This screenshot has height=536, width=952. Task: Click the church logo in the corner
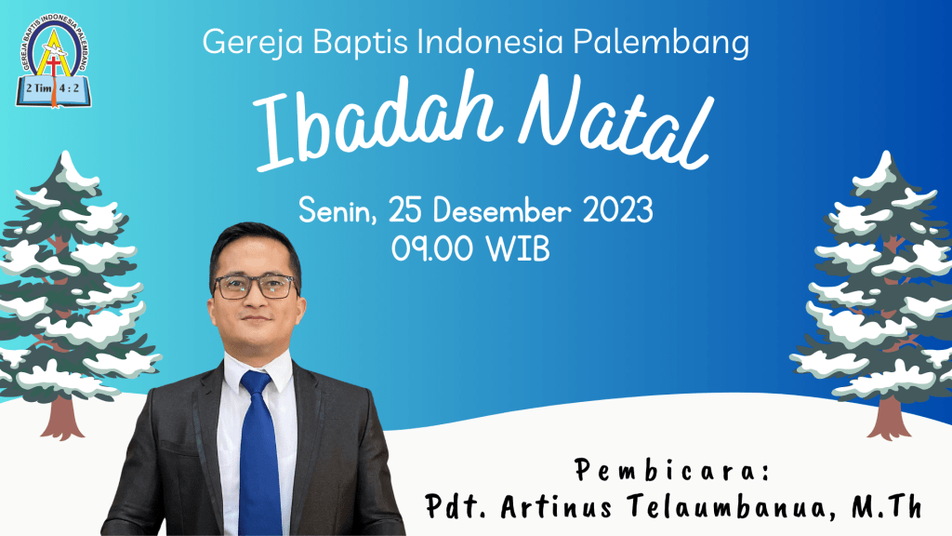53,60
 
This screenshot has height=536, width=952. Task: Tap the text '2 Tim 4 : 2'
53,88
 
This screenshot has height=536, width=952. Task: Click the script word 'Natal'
615,122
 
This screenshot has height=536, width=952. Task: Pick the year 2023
618,210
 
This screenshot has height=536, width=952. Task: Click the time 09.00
433,249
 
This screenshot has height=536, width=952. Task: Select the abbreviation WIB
519,249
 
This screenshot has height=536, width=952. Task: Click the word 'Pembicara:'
672,470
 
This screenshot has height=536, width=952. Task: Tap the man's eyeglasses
256,287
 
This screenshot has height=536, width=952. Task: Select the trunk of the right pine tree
890,417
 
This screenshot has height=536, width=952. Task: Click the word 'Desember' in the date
502,211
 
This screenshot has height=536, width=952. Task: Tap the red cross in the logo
53,66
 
